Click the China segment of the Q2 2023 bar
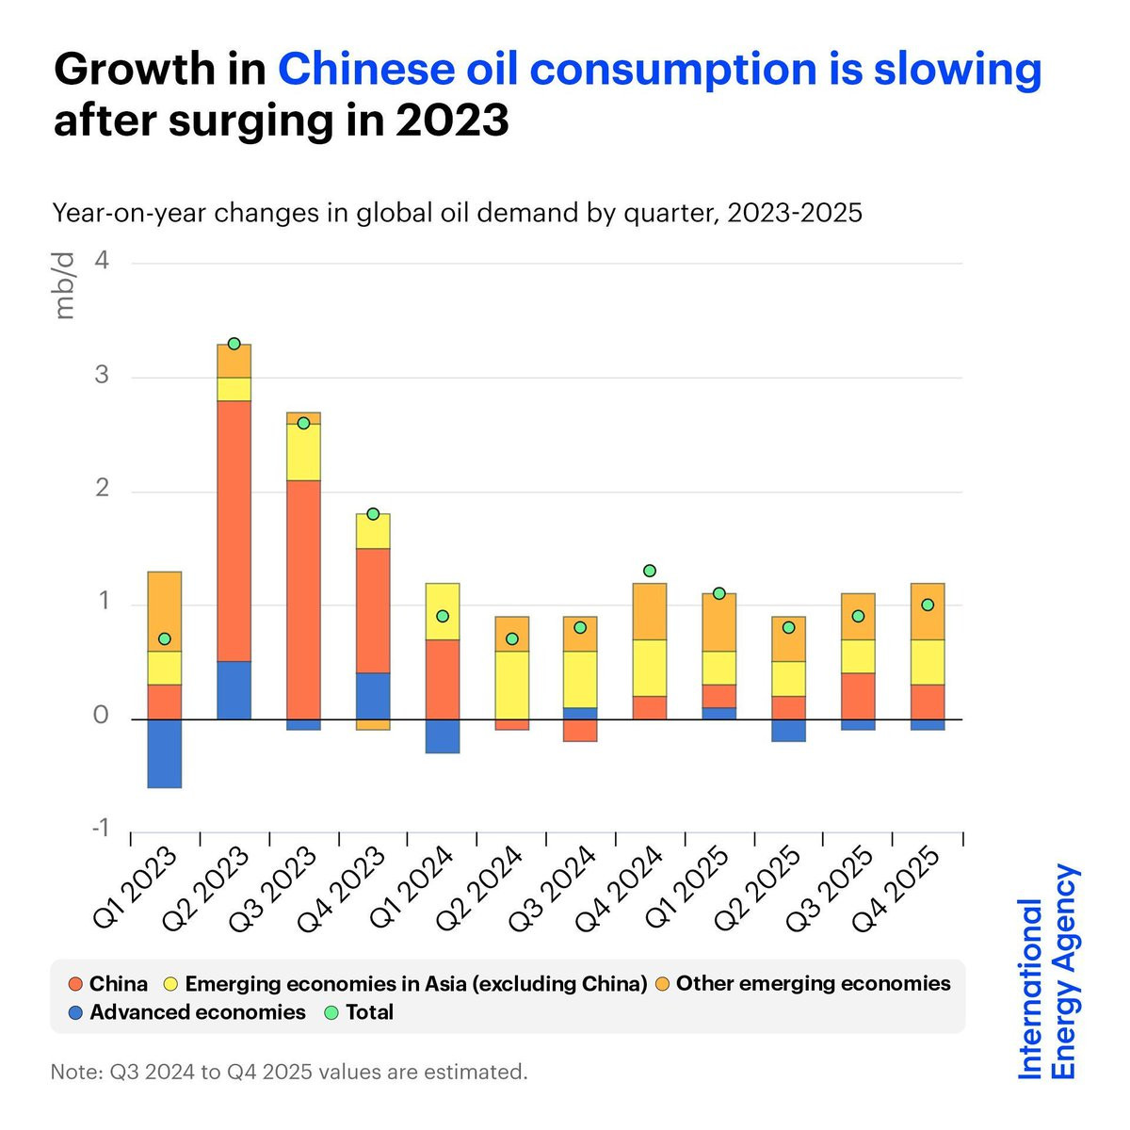point(234,530)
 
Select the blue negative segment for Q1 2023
point(165,753)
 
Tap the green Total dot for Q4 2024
point(650,571)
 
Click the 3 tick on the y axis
point(101,377)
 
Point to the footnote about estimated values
point(289,1072)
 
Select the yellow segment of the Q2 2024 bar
point(511,685)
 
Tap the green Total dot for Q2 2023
point(234,344)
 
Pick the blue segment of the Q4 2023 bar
point(373,696)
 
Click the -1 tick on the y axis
point(99,829)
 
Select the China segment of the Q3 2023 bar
point(303,599)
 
